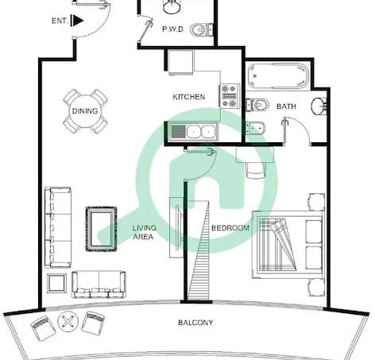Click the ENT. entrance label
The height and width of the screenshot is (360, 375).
tap(60, 21)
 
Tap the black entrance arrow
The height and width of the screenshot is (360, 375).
tap(77, 21)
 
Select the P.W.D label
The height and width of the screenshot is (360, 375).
tap(172, 29)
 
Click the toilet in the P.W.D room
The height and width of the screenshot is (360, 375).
tap(202, 29)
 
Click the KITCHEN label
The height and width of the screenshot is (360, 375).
tap(189, 97)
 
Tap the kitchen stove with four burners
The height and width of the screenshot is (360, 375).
tap(230, 96)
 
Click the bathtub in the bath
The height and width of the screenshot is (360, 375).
tap(278, 75)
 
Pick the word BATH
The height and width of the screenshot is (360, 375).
tap(286, 106)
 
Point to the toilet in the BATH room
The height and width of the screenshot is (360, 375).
tap(257, 105)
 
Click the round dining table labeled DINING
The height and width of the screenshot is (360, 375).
tap(85, 111)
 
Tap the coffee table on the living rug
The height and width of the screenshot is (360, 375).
tap(102, 229)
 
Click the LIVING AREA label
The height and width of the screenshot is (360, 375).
tap(145, 232)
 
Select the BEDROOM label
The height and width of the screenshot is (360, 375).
tap(230, 228)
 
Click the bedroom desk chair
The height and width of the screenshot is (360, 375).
tap(256, 170)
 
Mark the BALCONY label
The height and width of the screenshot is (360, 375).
tap(195, 323)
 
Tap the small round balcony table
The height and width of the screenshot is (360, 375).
tap(68, 322)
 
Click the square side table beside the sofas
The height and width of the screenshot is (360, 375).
tap(56, 284)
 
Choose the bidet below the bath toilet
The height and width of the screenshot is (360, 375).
tap(255, 128)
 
